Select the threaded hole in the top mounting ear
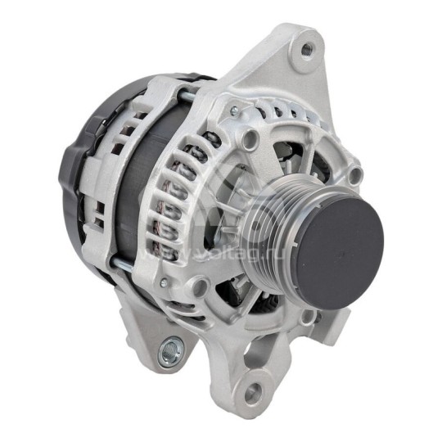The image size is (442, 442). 307,50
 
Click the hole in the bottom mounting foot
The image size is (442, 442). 255,394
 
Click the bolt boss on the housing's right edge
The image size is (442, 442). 354,174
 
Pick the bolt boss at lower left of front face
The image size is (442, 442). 199,286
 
